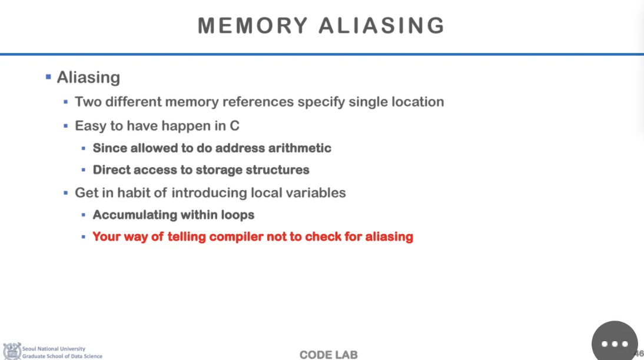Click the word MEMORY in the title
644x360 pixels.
point(253,26)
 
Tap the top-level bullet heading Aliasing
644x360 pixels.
point(88,78)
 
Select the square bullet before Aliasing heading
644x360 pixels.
point(48,77)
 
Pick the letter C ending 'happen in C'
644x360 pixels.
point(234,126)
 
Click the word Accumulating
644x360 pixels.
point(135,215)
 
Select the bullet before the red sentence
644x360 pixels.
point(84,237)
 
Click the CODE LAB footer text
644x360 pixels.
point(328,354)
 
